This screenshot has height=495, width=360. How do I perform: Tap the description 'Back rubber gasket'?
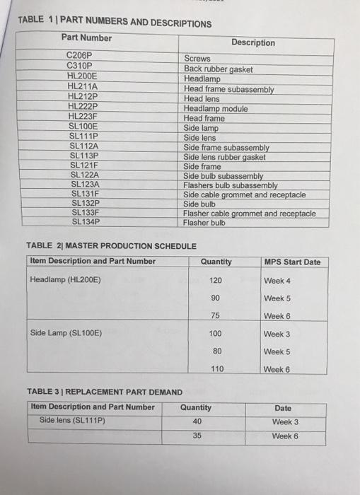[218, 69]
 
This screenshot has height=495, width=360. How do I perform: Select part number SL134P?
[85, 221]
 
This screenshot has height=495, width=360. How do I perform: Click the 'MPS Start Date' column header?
[291, 262]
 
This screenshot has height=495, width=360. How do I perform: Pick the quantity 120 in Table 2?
[216, 280]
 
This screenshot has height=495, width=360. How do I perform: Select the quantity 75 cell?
[216, 315]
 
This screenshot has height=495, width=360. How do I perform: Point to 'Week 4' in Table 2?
[277, 281]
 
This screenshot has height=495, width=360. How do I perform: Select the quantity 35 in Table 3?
[196, 436]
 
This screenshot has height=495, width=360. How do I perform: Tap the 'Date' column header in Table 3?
[283, 408]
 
